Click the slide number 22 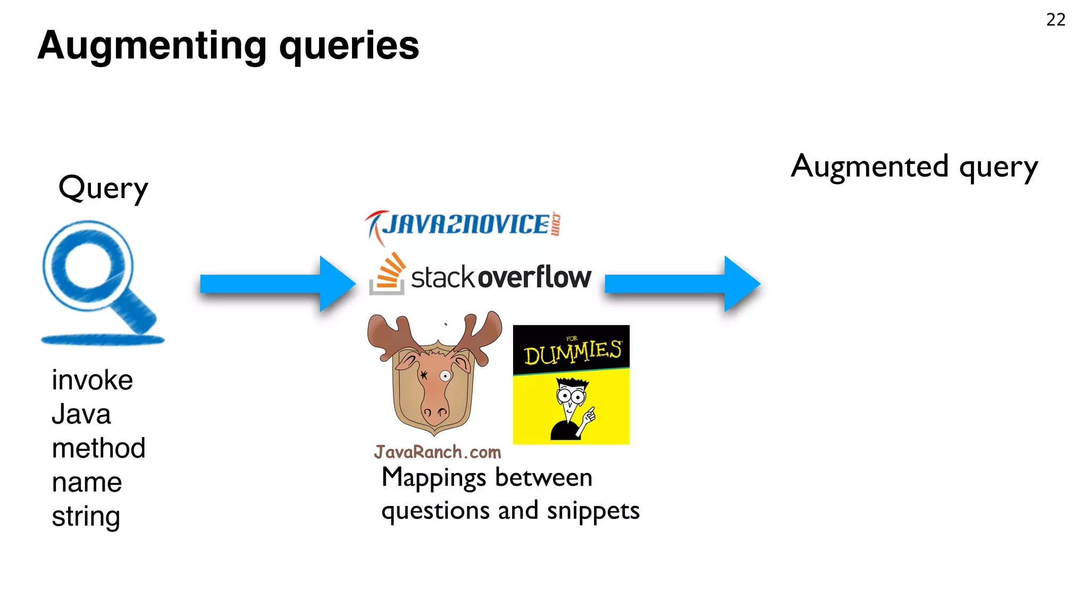[x=1056, y=20]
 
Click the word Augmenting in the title [x=152, y=46]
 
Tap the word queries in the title [x=349, y=46]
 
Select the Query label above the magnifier [x=103, y=188]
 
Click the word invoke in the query [x=92, y=380]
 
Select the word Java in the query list [x=81, y=415]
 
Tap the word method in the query [x=98, y=449]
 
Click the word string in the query [x=86, y=517]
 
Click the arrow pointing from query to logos [x=277, y=284]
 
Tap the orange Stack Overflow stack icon [x=388, y=274]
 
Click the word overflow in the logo [x=534, y=277]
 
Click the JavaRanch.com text [x=437, y=452]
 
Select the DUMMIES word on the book [x=572, y=352]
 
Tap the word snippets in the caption [x=593, y=510]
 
